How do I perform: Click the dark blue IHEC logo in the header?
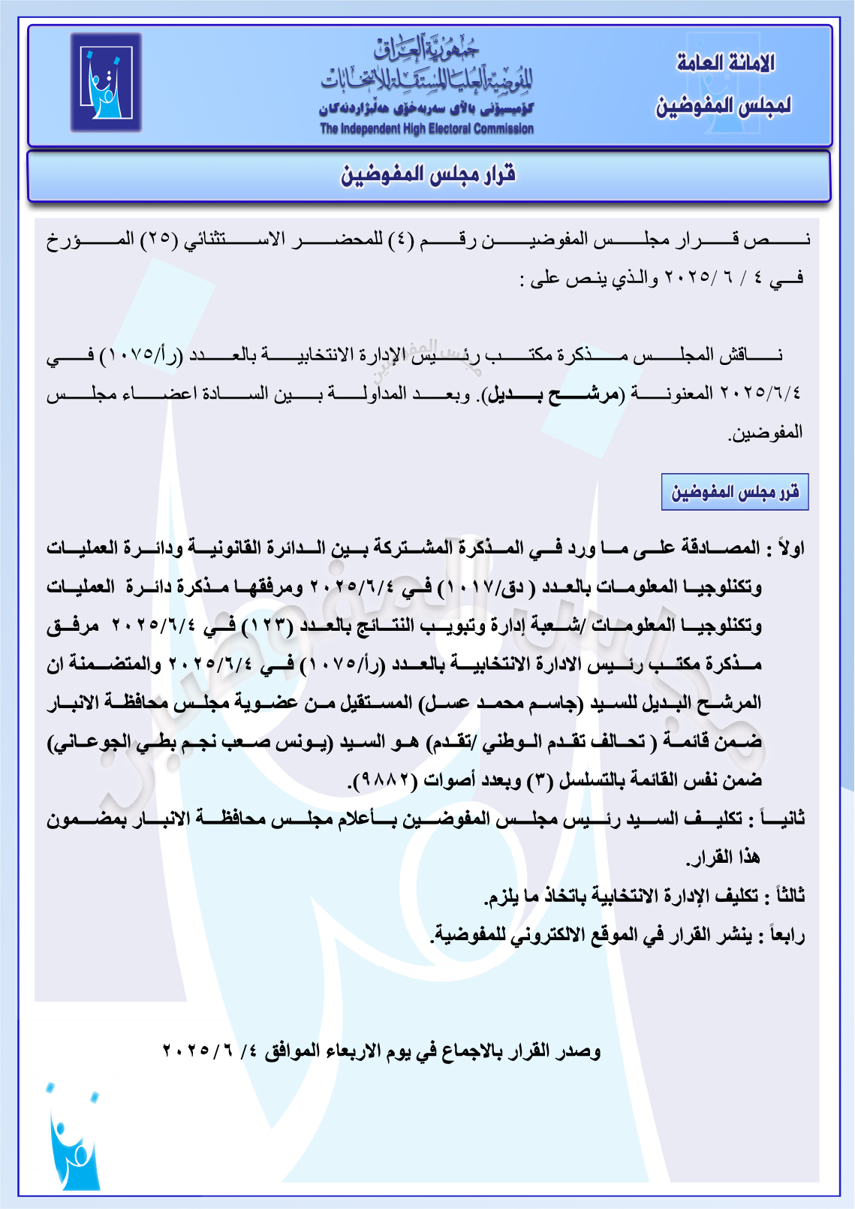pyautogui.click(x=106, y=83)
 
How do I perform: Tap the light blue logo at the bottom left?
pyautogui.click(x=74, y=1135)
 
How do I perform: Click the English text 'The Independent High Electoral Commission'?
pyautogui.click(x=426, y=128)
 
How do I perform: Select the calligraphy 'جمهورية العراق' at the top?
pyautogui.click(x=426, y=50)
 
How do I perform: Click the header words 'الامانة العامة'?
pyautogui.click(x=725, y=63)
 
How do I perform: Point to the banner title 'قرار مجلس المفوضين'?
pyautogui.click(x=429, y=175)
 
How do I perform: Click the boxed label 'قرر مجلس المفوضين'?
pyautogui.click(x=735, y=492)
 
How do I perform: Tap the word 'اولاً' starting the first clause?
pyautogui.click(x=790, y=548)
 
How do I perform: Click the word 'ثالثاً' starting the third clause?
pyautogui.click(x=789, y=896)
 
